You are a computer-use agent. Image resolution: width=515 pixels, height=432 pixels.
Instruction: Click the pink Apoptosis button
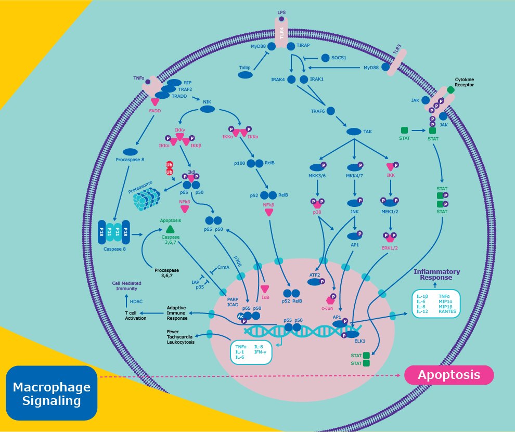coord(449,375)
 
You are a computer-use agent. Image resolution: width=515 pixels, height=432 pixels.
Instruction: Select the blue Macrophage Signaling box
coord(51,394)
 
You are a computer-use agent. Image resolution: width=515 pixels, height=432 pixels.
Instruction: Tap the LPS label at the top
coord(281,11)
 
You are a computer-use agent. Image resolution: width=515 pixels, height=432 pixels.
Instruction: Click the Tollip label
coord(245,68)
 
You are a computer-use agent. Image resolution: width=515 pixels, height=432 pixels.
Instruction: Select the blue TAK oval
coord(354,132)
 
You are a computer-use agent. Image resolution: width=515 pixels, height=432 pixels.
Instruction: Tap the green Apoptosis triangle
coord(170,229)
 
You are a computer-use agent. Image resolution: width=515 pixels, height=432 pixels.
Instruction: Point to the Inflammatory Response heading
coord(436,275)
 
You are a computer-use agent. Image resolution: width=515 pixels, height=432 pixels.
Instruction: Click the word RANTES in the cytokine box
coord(447,311)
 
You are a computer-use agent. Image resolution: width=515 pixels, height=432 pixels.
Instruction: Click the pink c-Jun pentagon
coord(329,299)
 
